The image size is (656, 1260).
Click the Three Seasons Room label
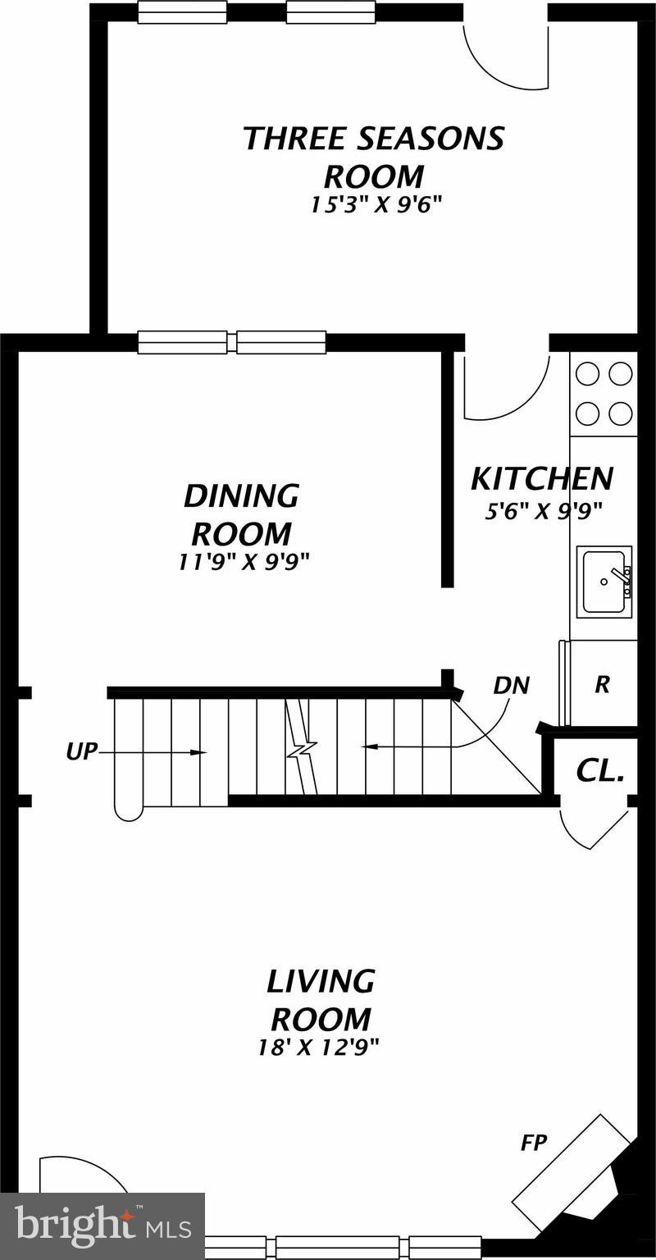point(374,157)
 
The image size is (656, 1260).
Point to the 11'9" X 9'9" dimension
point(244,561)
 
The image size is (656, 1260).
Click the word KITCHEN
point(541,477)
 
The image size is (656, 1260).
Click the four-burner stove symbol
point(604,393)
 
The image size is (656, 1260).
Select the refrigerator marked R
point(603,685)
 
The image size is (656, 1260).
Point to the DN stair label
point(511,685)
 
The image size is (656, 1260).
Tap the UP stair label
point(81,751)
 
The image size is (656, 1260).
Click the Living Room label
point(321,999)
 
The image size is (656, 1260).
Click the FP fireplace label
point(534,1143)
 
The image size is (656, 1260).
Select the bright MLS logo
point(102,1226)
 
